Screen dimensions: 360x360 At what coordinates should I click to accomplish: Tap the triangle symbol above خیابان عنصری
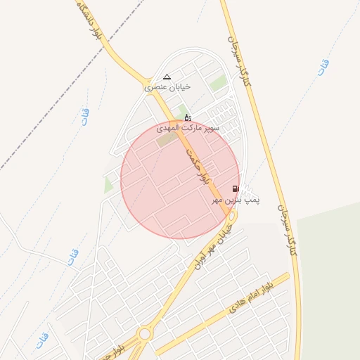tap(167, 77)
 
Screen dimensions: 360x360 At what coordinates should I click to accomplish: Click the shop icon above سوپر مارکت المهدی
tap(187, 117)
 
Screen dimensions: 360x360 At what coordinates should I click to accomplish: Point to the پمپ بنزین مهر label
tap(237, 200)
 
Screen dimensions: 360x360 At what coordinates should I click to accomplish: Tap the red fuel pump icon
tap(235, 188)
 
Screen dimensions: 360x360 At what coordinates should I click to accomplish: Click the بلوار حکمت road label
tap(198, 165)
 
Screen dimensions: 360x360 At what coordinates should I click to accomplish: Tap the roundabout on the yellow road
tap(145, 333)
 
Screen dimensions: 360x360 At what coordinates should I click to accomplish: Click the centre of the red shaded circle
tap(180, 179)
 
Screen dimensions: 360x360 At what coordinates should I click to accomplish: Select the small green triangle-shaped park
tap(108, 185)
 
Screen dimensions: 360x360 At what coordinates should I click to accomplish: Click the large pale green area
tap(330, 281)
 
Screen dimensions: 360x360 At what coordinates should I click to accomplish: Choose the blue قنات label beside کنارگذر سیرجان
tap(323, 67)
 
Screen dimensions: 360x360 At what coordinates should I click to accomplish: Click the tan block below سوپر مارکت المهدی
tap(167, 140)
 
